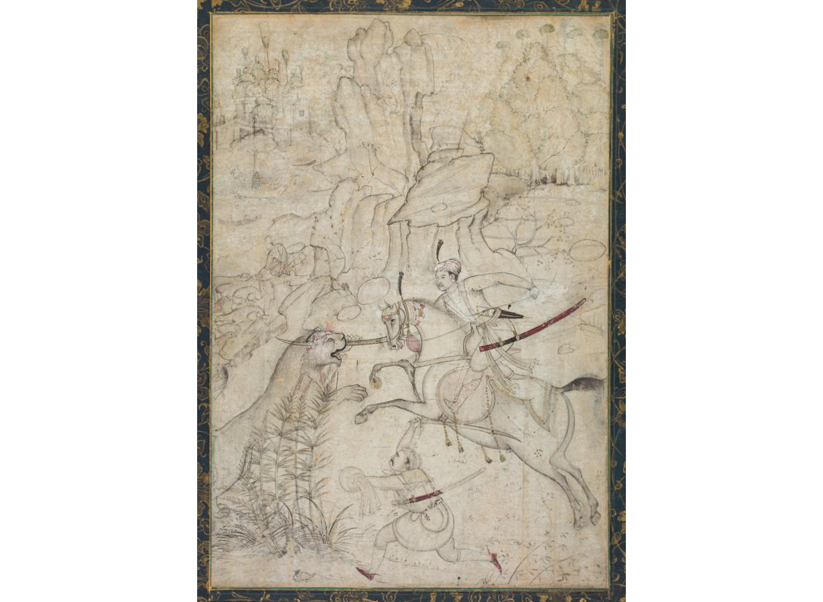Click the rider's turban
(x=448, y=266)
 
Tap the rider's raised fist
(x=534, y=293)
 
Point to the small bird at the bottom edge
(x=302, y=576)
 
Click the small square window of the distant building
(x=302, y=113)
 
